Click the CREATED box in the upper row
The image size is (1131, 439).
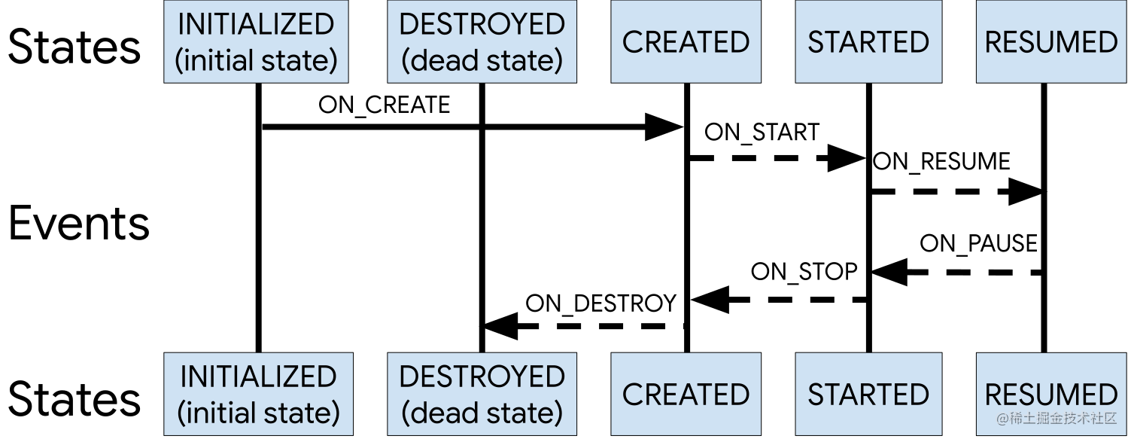[686, 41]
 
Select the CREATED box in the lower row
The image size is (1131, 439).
[686, 394]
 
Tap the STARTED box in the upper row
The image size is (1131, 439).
[868, 41]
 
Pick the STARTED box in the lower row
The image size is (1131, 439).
[868, 394]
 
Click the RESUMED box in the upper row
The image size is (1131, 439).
[1051, 41]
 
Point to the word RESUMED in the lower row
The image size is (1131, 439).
[1051, 394]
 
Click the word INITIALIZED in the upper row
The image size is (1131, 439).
[256, 24]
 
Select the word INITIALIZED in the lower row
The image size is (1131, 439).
[258, 377]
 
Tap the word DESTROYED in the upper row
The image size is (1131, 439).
[482, 24]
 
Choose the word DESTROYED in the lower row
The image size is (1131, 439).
[482, 377]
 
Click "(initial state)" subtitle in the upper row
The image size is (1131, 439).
[256, 60]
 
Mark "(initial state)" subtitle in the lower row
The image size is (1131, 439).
[258, 413]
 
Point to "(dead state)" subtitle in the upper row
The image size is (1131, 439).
[482, 60]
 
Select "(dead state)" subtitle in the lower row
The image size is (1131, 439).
[482, 413]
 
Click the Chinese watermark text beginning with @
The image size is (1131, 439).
[1057, 419]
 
